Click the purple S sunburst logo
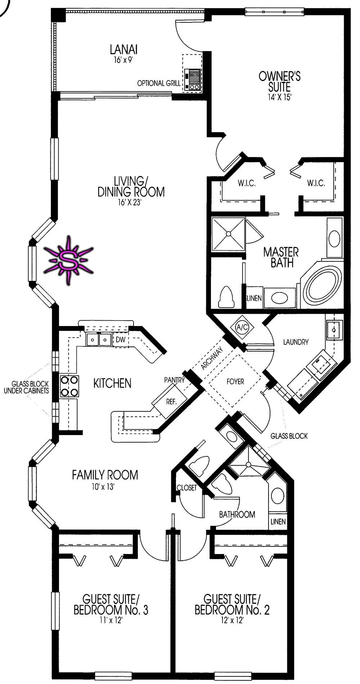pyautogui.click(x=68, y=260)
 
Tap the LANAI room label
pyautogui.click(x=123, y=50)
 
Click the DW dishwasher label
pyautogui.click(x=121, y=340)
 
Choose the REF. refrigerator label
pyautogui.click(x=171, y=402)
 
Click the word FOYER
pyautogui.click(x=235, y=381)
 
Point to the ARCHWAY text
pyautogui.click(x=212, y=358)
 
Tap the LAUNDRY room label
pyautogui.click(x=296, y=342)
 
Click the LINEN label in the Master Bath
pyautogui.click(x=254, y=298)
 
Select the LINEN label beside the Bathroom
pyautogui.click(x=278, y=522)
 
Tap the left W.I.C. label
pyautogui.click(x=247, y=183)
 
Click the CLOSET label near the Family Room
pyautogui.click(x=187, y=488)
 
